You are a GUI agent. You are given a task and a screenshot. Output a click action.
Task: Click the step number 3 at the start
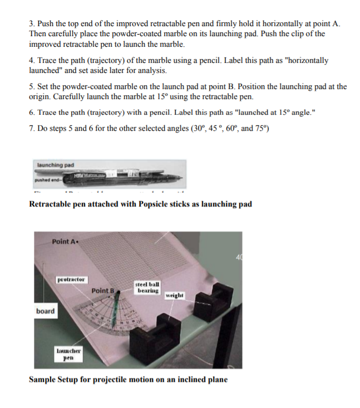point(31,24)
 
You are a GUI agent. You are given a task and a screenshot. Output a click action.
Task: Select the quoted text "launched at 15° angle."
point(275,112)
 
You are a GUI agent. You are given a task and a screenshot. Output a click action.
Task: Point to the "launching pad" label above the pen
point(56,165)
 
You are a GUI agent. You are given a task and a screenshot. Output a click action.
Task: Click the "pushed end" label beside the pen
point(45,180)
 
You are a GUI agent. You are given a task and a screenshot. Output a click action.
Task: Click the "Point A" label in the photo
point(65,242)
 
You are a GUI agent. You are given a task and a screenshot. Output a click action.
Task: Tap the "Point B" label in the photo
point(103,291)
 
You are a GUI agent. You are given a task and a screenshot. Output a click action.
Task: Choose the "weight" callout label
point(174,295)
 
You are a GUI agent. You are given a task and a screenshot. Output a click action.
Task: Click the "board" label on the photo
point(46,311)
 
